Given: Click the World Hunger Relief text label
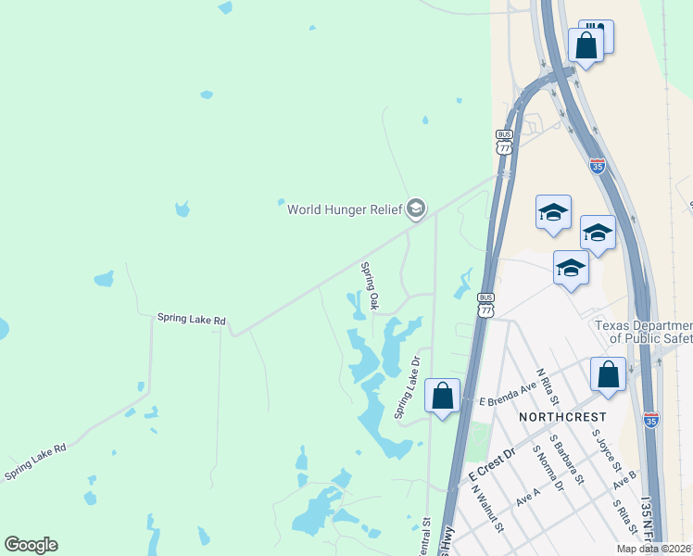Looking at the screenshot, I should [345, 209].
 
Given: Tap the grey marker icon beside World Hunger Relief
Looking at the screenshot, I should [416, 209].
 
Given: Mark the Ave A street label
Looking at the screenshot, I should [528, 498].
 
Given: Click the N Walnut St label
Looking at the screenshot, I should [485, 512].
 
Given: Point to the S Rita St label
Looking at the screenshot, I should [623, 520].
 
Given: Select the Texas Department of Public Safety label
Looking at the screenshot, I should [643, 333].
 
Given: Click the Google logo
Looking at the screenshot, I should [31, 545].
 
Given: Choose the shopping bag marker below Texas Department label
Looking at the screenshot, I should [608, 374].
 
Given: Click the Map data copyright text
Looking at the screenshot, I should [654, 549].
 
